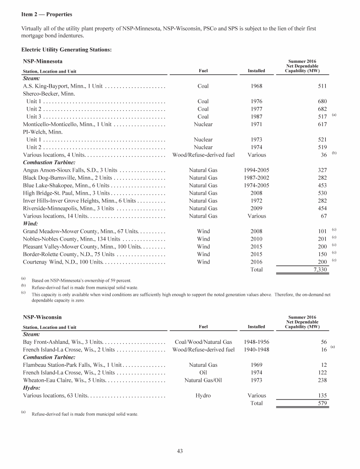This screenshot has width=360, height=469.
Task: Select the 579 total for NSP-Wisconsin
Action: [x=320, y=403]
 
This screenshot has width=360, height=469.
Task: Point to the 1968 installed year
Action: [x=256, y=86]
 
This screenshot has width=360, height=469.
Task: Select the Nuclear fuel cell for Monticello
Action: [x=203, y=124]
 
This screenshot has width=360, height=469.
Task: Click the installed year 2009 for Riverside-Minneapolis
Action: [x=256, y=208]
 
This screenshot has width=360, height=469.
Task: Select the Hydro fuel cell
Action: [x=203, y=395]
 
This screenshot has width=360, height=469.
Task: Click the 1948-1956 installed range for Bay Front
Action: [x=256, y=342]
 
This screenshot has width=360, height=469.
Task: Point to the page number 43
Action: [x=180, y=451]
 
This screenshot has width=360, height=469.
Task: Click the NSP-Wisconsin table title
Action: [x=42, y=318]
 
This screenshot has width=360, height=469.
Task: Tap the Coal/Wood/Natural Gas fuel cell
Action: [x=203, y=342]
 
